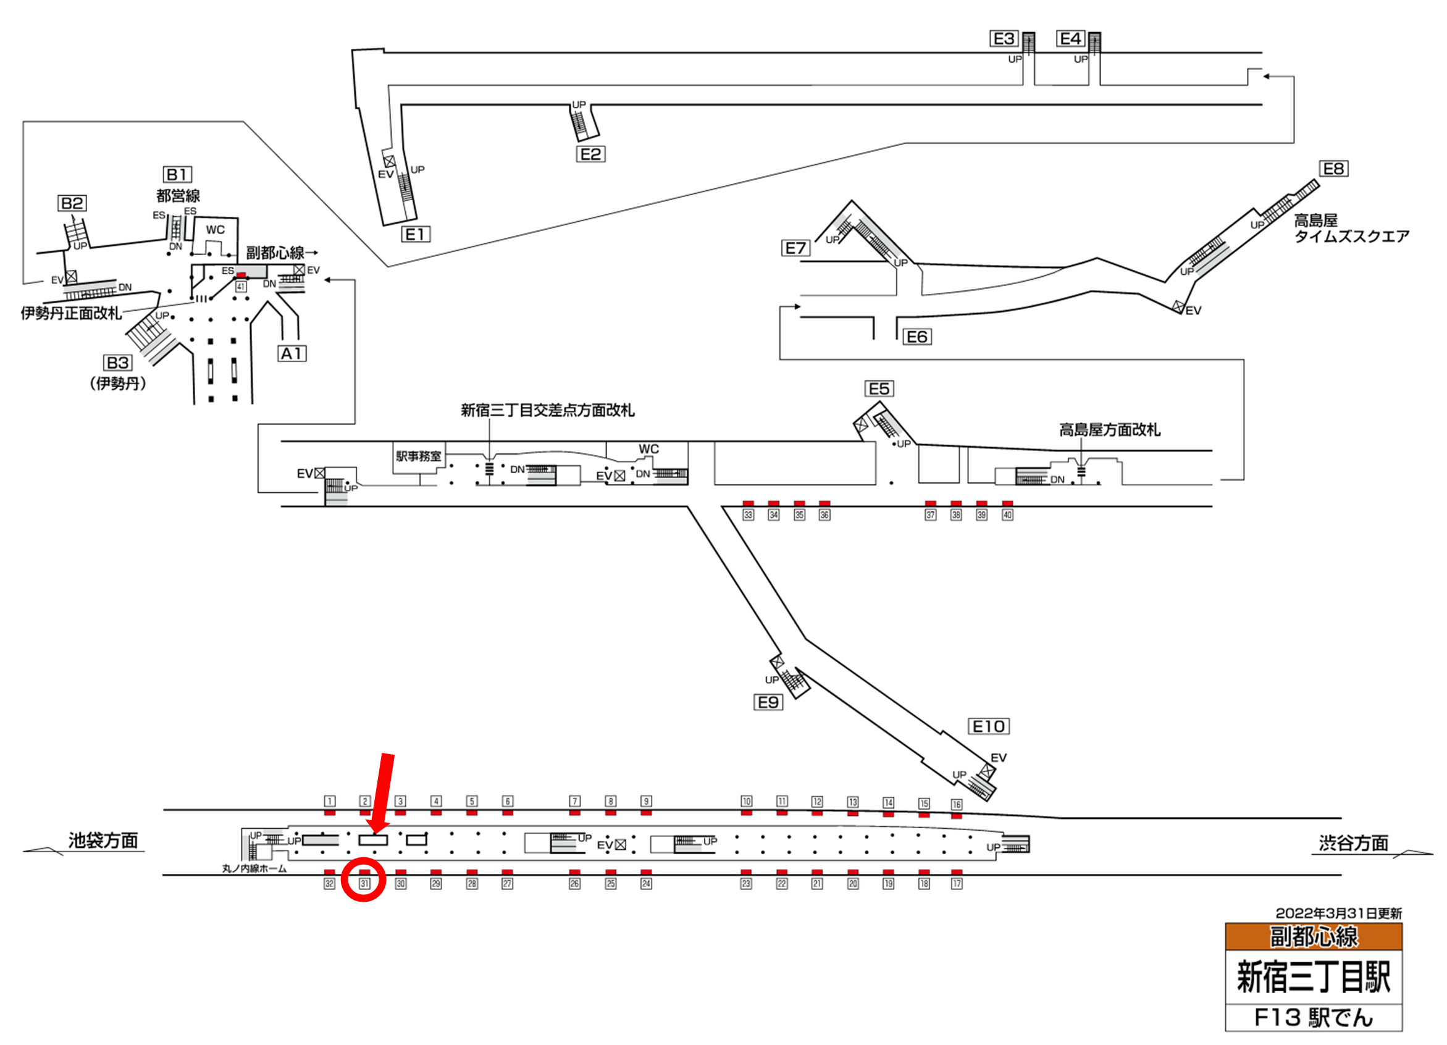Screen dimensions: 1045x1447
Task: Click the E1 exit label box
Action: pyautogui.click(x=416, y=234)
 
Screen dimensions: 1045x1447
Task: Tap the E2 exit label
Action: pyautogui.click(x=590, y=154)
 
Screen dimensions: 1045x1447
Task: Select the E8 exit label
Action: pyautogui.click(x=1333, y=169)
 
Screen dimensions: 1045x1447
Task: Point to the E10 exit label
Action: pyautogui.click(x=988, y=726)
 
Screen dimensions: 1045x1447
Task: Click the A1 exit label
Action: pyautogui.click(x=292, y=353)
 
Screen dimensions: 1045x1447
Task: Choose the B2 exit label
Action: pyautogui.click(x=72, y=204)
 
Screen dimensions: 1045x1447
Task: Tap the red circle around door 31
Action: pyautogui.click(x=364, y=880)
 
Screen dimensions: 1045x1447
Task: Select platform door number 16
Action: pyautogui.click(x=957, y=805)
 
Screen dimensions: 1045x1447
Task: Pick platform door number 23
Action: pyautogui.click(x=746, y=884)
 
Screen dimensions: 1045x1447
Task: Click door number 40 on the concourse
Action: pyautogui.click(x=1007, y=515)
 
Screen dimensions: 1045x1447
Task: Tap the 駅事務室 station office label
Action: pyautogui.click(x=419, y=456)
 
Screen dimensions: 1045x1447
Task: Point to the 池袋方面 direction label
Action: pyautogui.click(x=103, y=841)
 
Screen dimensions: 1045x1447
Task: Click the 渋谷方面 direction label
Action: pyautogui.click(x=1353, y=844)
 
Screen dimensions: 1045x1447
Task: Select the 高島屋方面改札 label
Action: pyautogui.click(x=1110, y=430)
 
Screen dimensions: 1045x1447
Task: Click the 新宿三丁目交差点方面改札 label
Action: pyautogui.click(x=547, y=410)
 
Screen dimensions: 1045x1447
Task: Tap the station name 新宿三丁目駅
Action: pyautogui.click(x=1313, y=976)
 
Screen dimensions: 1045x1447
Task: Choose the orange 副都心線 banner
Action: pyautogui.click(x=1313, y=936)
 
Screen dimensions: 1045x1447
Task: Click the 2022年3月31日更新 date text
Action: pyautogui.click(x=1338, y=913)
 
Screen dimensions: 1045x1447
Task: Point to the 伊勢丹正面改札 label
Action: pyautogui.click(x=71, y=313)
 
